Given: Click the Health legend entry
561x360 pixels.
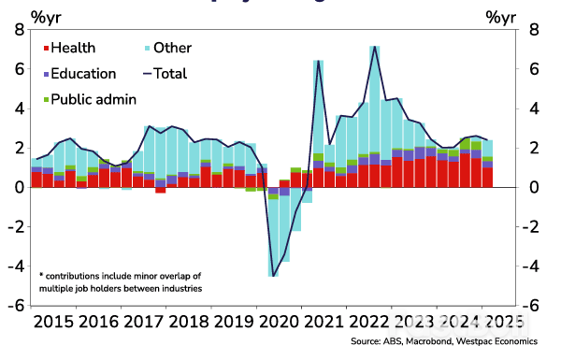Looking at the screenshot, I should [73, 48].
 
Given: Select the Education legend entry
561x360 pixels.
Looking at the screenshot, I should [82, 74].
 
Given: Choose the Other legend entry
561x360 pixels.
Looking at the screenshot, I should [172, 48].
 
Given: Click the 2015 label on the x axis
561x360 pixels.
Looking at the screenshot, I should [52, 323].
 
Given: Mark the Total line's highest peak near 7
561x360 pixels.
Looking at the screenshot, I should [375, 46].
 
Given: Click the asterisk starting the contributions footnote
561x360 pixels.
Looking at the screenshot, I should [41, 275].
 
